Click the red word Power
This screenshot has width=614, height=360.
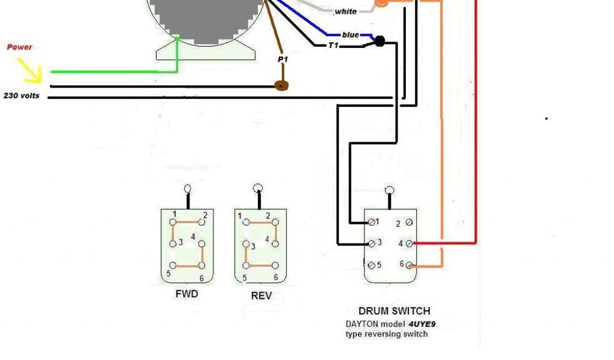[x=19, y=47]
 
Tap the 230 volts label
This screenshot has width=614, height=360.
[x=22, y=95]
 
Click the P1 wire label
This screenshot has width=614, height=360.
[x=282, y=60]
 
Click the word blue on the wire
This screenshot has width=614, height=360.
[x=350, y=35]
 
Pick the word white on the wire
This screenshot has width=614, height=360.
[x=345, y=11]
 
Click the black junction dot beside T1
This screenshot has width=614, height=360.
[x=379, y=41]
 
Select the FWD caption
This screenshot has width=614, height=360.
[x=186, y=295]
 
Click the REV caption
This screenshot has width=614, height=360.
[x=261, y=296]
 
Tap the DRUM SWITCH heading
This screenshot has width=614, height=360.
[x=394, y=311]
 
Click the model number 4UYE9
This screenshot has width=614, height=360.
[x=422, y=323]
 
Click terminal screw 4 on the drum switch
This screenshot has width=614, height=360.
[x=409, y=244]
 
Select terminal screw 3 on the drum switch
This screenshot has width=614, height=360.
[x=372, y=242]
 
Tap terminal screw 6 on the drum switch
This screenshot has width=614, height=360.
[x=409, y=265]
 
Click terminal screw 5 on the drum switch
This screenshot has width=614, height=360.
[x=372, y=265]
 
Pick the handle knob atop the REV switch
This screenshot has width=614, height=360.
[x=258, y=188]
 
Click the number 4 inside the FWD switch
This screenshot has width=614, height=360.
[x=193, y=237]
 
